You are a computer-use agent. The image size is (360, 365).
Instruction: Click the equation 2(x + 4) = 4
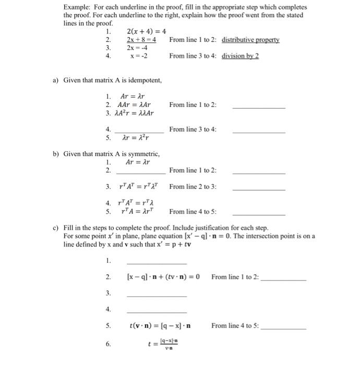click(146, 32)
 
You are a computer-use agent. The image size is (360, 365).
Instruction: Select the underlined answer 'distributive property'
click(250, 40)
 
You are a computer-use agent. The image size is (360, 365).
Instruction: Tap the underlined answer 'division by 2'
click(240, 56)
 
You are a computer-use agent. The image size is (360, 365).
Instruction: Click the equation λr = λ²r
click(135, 138)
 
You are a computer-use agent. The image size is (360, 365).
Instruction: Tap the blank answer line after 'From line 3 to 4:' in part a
click(259, 132)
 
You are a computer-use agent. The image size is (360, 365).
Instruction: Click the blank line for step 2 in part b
click(141, 173)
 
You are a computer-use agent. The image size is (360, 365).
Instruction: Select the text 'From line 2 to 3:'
click(193, 187)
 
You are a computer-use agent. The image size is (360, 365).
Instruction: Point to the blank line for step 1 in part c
click(157, 263)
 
